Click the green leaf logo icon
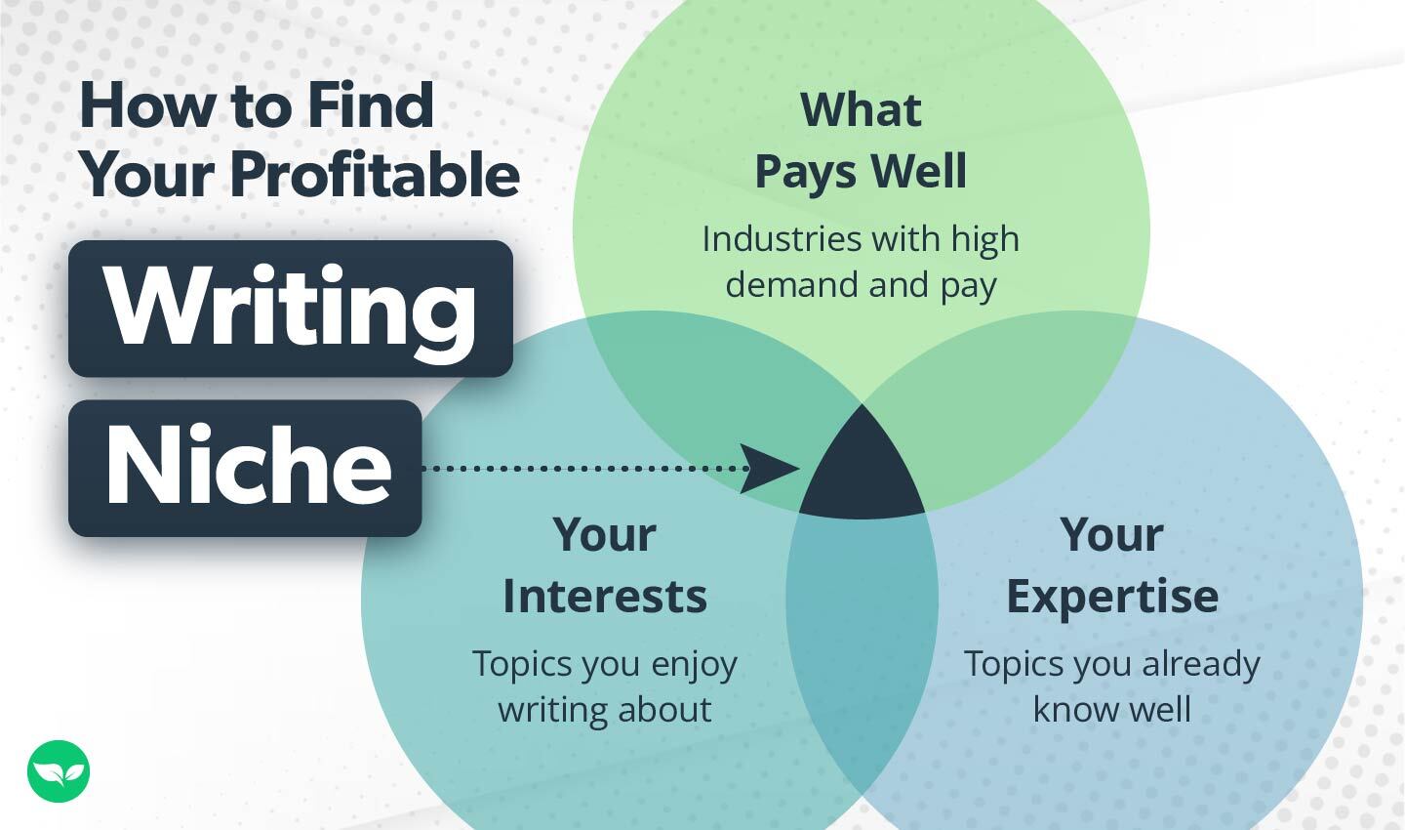tap(59, 771)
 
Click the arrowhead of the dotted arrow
tap(771, 469)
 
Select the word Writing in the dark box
tap(290, 309)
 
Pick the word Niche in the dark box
tap(248, 467)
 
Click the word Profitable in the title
tap(375, 175)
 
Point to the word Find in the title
tap(370, 105)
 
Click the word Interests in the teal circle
tap(605, 596)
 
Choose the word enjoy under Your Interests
tap(694, 665)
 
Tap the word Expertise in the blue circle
tap(1112, 596)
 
